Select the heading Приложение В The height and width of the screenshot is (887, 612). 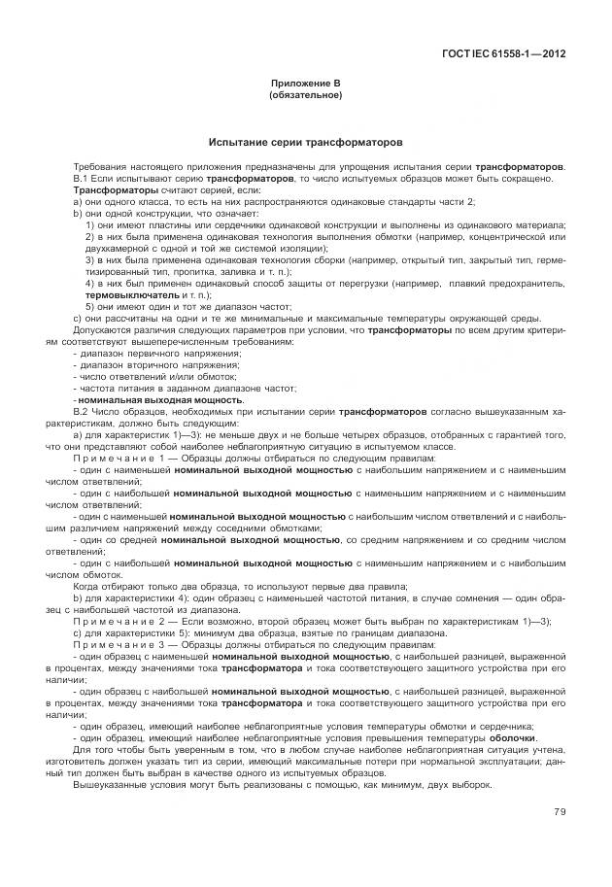[305, 85]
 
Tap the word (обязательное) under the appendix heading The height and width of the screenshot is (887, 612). [305, 96]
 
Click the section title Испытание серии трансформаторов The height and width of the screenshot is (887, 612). [305, 142]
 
